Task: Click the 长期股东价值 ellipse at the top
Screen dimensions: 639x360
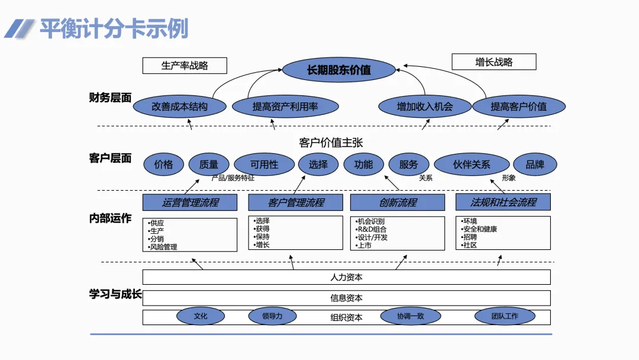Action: coord(338,70)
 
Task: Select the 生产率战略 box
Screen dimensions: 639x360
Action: coord(185,66)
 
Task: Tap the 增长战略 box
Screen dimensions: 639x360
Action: coord(494,62)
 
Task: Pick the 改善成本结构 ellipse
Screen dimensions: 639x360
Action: coord(180,107)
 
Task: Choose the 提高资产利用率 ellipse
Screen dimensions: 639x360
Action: coord(285,107)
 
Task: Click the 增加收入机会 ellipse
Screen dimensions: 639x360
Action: coord(425,107)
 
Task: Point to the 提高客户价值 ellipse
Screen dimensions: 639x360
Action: coord(519,107)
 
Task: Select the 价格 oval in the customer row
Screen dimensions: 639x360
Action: coord(163,164)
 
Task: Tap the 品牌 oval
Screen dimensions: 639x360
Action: coord(535,164)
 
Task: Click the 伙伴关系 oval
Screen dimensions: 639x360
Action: coord(472,164)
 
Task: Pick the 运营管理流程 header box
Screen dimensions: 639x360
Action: coord(190,202)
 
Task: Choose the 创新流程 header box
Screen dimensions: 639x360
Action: coord(398,202)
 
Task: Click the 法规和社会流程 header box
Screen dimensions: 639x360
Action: coord(503,202)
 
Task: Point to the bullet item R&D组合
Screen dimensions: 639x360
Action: coord(371,229)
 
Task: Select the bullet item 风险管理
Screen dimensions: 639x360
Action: coord(162,247)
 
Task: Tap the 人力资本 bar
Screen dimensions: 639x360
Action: coord(346,277)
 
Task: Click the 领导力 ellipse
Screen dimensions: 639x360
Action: coord(272,316)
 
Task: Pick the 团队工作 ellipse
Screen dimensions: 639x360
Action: coord(505,316)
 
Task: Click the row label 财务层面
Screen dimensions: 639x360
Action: coord(110,98)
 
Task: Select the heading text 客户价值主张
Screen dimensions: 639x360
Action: coord(331,142)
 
